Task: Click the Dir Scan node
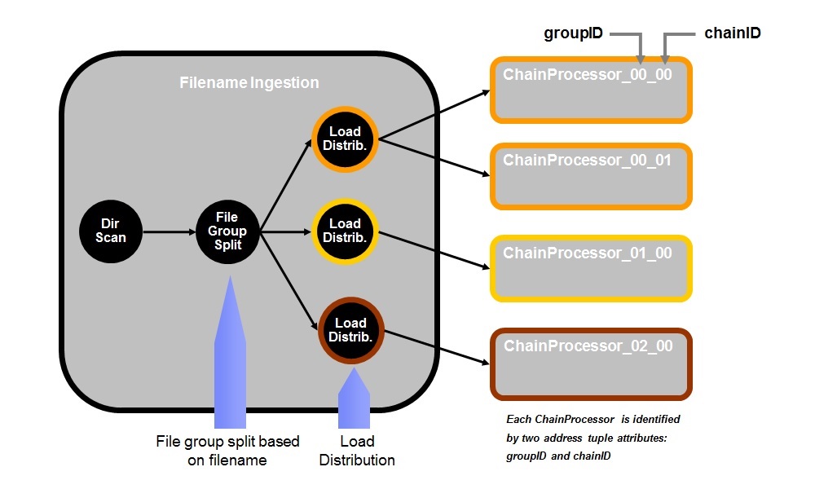[111, 231]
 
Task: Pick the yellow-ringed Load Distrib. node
[345, 231]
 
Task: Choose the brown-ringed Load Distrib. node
[350, 330]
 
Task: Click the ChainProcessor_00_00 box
[591, 90]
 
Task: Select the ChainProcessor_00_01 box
[591, 176]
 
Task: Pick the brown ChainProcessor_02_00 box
[591, 362]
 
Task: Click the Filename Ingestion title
[249, 83]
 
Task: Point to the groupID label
[573, 33]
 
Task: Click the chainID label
[732, 33]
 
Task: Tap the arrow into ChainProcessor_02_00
[436, 347]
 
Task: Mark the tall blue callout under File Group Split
[229, 359]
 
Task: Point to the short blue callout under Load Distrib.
[354, 399]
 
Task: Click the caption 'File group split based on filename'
[227, 451]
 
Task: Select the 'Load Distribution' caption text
[357, 451]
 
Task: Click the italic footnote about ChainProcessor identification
[593, 438]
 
